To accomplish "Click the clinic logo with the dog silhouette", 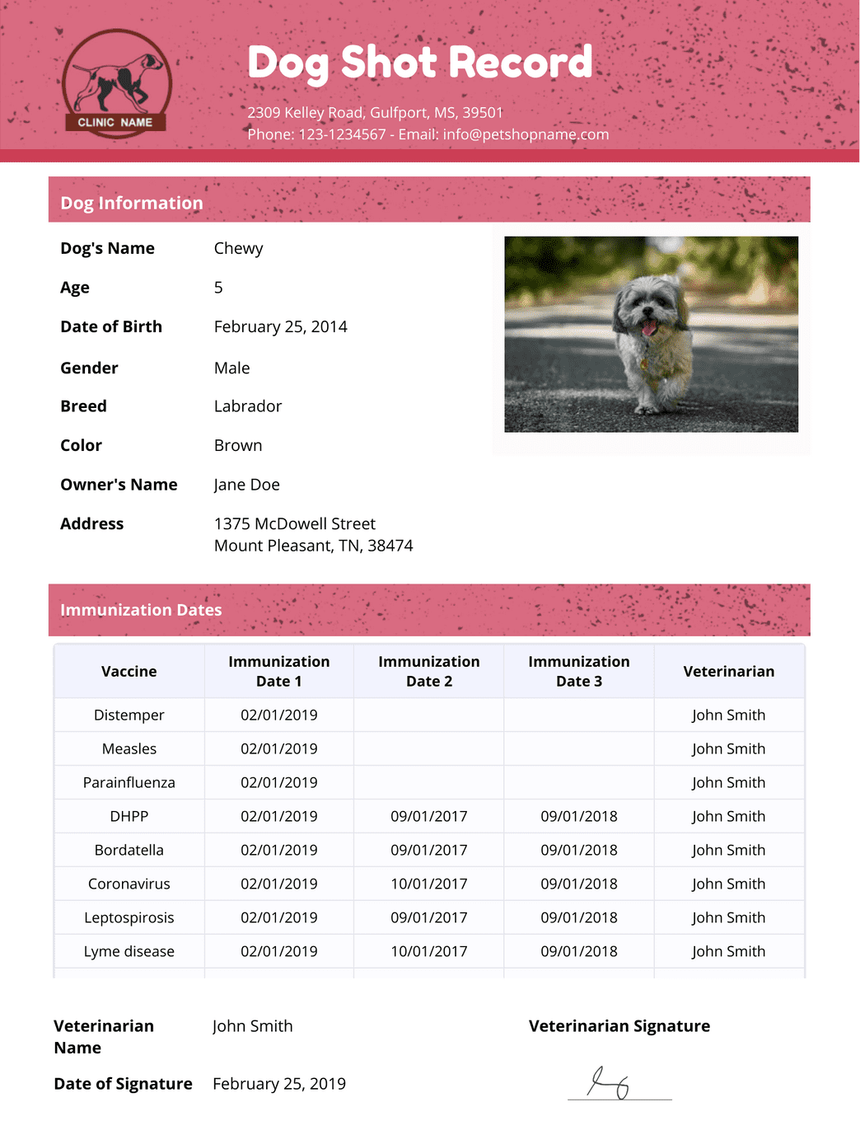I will [116, 83].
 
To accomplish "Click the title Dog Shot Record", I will [419, 63].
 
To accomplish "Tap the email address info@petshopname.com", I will [526, 134].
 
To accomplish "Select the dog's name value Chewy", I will [238, 248].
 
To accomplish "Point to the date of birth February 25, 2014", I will [280, 326].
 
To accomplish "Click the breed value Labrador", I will [247, 406].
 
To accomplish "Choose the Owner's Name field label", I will [119, 485].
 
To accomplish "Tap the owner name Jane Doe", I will [246, 485].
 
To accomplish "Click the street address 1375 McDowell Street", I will [294, 523].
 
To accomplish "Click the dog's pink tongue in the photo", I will [650, 328].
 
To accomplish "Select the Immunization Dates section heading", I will [141, 610].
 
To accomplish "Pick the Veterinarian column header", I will [728, 671].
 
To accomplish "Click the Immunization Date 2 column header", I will [428, 671].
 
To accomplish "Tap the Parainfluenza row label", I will [129, 782].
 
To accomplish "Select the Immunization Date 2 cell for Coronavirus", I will [428, 884].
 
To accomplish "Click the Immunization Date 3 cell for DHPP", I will [578, 816].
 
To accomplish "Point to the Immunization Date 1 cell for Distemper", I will [278, 715].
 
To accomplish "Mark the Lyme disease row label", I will [129, 951].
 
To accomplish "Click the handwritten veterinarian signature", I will [610, 1083].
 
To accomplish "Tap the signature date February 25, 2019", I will [278, 1083].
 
